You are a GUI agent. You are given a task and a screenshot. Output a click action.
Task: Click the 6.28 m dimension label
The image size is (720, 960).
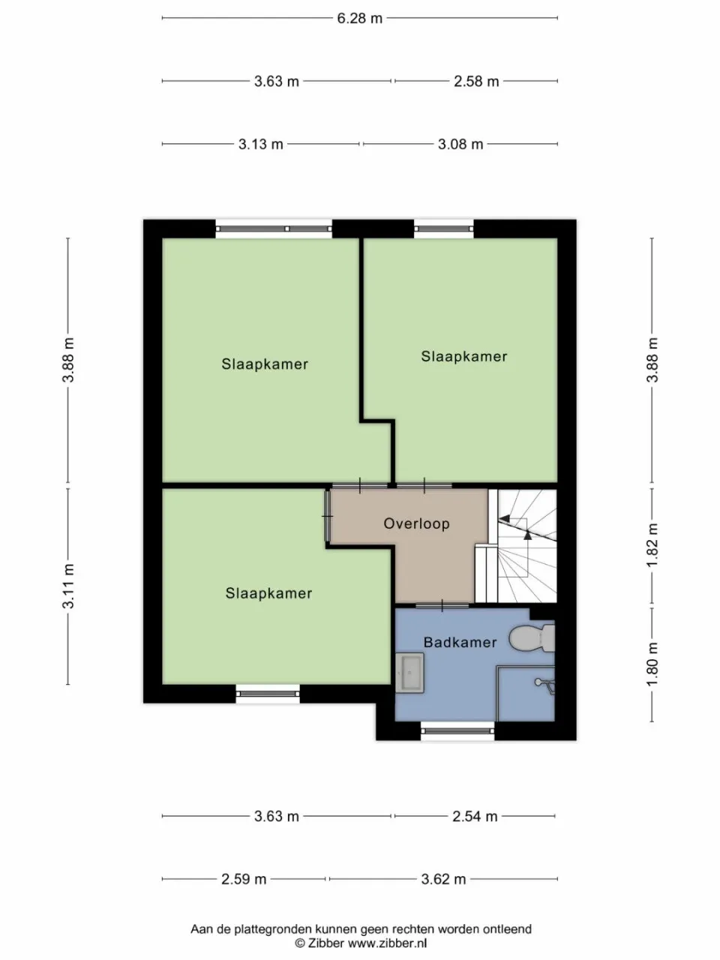(x=360, y=18)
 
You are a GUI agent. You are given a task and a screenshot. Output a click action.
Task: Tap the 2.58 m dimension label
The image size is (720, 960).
(x=476, y=81)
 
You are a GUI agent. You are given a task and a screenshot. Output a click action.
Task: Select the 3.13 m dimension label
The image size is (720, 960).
(x=260, y=144)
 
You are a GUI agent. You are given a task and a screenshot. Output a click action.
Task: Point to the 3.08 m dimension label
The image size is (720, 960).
(x=460, y=144)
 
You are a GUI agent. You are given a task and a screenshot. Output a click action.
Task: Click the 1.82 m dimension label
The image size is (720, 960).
(x=652, y=545)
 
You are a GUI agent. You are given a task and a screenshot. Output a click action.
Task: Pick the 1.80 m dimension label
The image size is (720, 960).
(x=652, y=664)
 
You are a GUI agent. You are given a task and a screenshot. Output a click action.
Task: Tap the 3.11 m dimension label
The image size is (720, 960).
(x=68, y=586)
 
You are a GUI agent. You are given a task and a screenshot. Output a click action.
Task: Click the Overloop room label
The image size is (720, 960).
(x=416, y=523)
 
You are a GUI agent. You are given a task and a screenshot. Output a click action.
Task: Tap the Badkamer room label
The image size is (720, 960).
(x=460, y=642)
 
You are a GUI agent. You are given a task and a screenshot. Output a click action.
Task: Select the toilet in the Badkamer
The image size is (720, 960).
(x=532, y=638)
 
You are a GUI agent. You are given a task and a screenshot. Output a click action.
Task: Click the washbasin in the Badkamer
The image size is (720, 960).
(x=409, y=673)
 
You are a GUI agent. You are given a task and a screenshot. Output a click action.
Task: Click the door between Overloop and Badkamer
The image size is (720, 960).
(x=442, y=606)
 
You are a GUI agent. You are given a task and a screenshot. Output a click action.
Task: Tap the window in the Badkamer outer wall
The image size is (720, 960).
(x=457, y=730)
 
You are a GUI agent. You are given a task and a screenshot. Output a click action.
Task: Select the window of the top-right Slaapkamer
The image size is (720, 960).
(x=444, y=228)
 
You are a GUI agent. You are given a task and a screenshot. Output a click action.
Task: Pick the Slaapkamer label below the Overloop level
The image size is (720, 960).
(x=268, y=593)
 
